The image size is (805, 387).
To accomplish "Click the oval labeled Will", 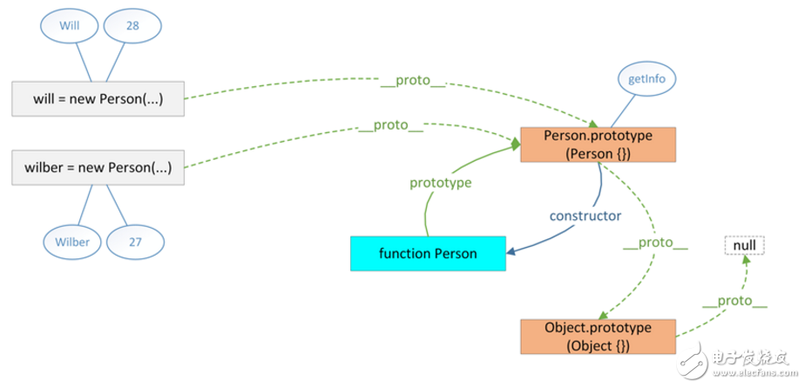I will (69, 26).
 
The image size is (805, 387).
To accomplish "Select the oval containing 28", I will (133, 26).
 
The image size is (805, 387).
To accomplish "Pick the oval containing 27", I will (136, 242).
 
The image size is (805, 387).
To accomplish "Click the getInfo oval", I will (647, 79).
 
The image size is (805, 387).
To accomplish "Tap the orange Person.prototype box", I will (599, 144).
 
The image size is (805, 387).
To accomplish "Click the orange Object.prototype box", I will (599, 337).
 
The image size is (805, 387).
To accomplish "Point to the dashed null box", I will (743, 245).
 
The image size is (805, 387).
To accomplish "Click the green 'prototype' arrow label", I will (441, 183).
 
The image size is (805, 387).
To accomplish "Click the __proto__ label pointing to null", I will (735, 302).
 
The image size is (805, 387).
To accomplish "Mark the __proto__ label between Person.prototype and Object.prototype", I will (656, 248).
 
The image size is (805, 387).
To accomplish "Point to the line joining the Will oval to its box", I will (84, 61).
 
